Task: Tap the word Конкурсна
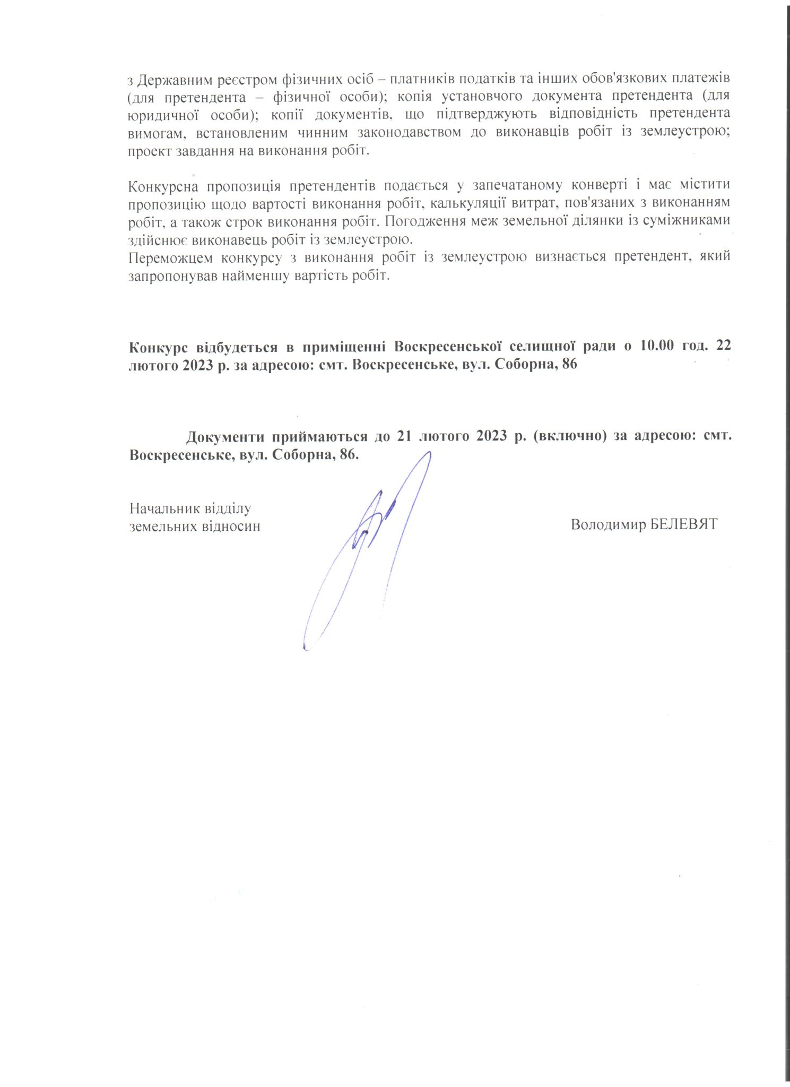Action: click(x=163, y=187)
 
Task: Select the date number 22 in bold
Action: click(x=723, y=347)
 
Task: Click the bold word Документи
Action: click(x=225, y=437)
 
